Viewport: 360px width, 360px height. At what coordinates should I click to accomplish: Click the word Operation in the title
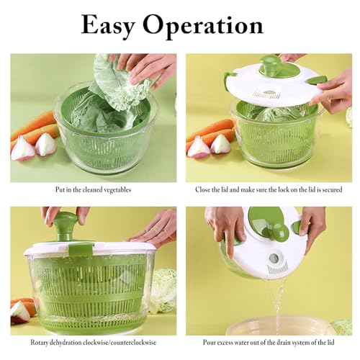(x=203, y=26)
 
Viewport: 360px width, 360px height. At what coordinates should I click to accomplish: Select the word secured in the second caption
(x=332, y=189)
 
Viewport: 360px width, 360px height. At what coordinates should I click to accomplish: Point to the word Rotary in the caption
(x=39, y=343)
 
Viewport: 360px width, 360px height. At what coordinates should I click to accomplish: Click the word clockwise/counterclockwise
(x=120, y=343)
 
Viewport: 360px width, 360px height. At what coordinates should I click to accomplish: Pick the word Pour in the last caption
(x=209, y=342)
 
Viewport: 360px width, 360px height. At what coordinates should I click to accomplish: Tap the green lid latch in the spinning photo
(x=80, y=248)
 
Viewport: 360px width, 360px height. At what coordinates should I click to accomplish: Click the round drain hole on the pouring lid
(x=274, y=258)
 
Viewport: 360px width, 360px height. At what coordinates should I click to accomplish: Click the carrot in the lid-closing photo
(x=210, y=132)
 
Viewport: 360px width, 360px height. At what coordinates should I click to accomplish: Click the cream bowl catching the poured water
(x=279, y=326)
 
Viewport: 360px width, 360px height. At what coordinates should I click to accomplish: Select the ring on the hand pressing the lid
(x=165, y=232)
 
